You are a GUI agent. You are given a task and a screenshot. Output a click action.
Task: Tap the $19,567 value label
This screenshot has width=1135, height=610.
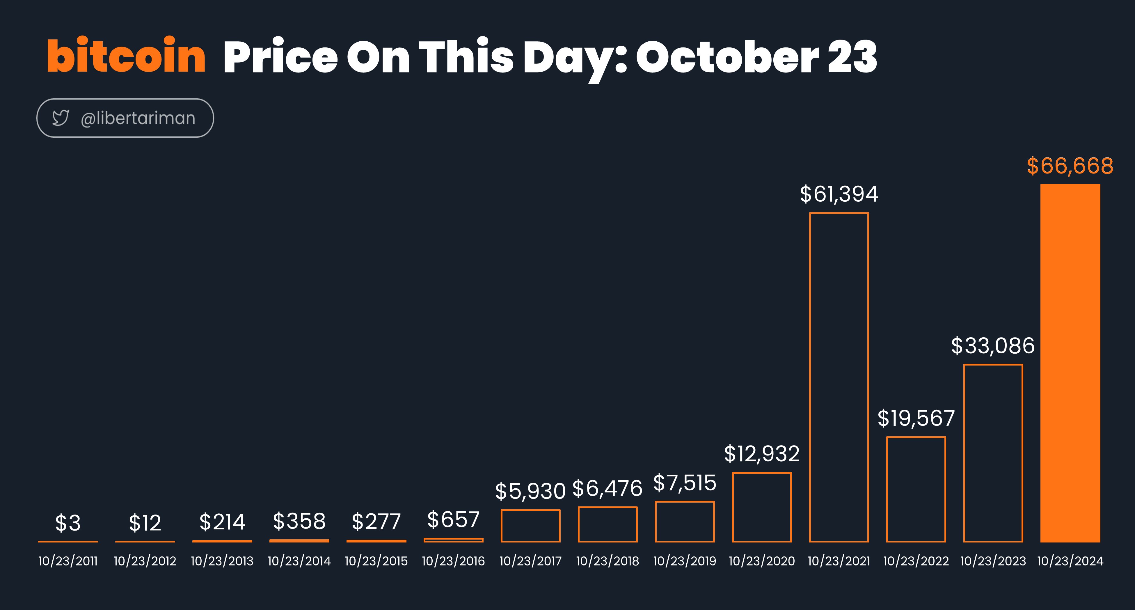pyautogui.click(x=916, y=418)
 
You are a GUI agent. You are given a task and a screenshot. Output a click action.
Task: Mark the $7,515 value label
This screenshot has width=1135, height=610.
pyautogui.click(x=685, y=483)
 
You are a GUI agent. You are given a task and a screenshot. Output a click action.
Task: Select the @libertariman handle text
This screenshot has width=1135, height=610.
pyautogui.click(x=138, y=118)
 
